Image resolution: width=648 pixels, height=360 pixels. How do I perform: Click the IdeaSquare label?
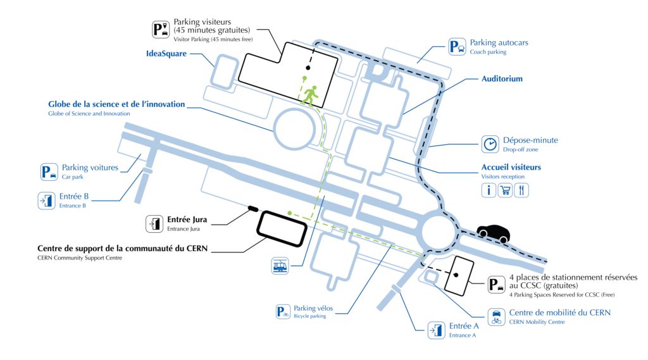[166, 54]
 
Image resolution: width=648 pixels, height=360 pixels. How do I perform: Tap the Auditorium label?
[502, 78]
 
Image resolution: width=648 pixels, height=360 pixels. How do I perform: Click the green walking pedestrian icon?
[309, 95]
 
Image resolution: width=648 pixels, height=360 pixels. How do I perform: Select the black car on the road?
[494, 233]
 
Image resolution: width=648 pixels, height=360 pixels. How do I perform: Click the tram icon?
[280, 265]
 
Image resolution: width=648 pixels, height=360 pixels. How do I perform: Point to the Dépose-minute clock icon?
[490, 144]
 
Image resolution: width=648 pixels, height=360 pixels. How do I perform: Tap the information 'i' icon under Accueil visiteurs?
[489, 190]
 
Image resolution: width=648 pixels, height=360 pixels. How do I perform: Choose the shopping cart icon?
[505, 190]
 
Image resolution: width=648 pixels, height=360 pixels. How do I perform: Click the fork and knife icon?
[521, 190]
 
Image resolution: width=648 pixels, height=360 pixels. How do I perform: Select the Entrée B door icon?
[47, 201]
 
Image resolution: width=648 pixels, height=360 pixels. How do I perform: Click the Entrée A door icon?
[437, 330]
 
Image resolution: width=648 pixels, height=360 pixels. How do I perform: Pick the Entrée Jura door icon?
[154, 223]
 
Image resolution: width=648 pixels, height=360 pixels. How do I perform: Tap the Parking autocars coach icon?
[457, 47]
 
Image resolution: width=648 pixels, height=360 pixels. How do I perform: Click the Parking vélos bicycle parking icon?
[283, 312]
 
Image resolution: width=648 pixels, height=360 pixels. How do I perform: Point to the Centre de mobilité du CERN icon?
[496, 317]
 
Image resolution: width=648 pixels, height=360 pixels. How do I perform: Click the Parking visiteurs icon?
[161, 30]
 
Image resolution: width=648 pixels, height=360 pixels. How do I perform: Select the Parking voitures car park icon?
[49, 171]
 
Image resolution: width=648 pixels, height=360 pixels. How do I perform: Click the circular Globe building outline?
[273, 129]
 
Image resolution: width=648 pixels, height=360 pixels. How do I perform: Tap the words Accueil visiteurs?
[511, 167]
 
